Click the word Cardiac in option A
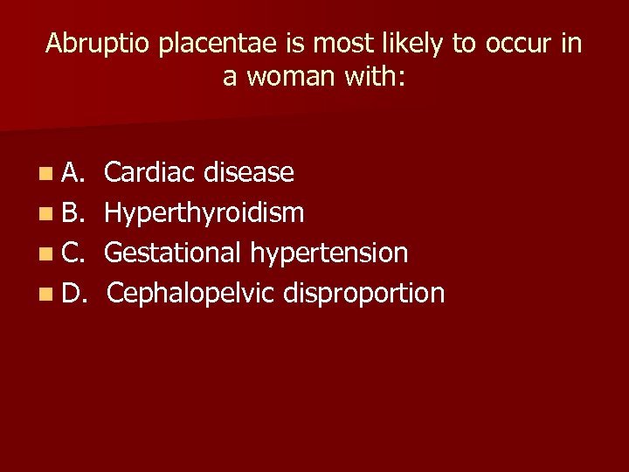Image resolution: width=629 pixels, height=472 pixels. [x=150, y=173]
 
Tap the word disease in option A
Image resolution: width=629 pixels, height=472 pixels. [x=249, y=173]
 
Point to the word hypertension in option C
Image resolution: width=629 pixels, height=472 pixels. [x=329, y=253]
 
